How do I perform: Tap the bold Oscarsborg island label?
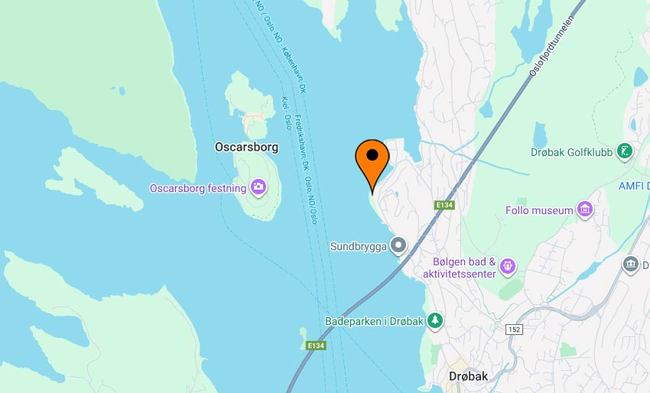(x=246, y=147)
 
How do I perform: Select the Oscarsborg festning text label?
(x=197, y=188)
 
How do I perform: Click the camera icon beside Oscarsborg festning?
(x=258, y=187)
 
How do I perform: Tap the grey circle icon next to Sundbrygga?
(x=398, y=245)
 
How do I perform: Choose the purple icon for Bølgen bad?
(x=509, y=267)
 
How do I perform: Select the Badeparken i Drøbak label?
(x=373, y=321)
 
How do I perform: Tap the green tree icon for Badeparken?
(x=435, y=320)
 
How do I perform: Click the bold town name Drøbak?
(x=468, y=376)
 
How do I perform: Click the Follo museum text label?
(x=539, y=210)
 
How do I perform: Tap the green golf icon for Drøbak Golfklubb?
(x=626, y=151)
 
